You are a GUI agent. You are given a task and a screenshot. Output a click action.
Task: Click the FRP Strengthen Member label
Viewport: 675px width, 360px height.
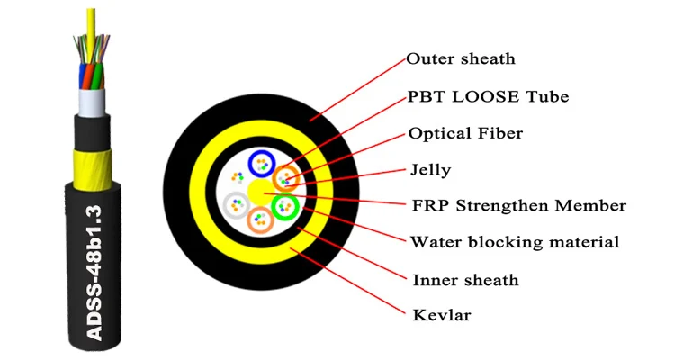point(517,206)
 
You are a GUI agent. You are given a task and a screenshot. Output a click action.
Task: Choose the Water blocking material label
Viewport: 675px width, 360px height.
point(514,242)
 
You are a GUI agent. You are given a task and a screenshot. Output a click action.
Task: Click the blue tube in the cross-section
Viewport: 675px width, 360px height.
point(262,164)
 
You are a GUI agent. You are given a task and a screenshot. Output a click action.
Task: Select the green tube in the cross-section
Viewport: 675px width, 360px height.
point(285,208)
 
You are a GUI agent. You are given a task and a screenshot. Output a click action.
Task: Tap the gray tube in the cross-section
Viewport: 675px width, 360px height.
point(236,205)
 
